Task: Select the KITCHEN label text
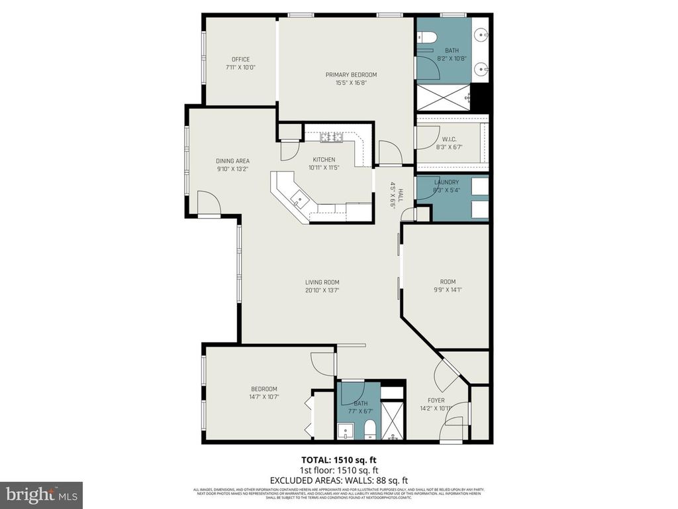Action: point(324,159)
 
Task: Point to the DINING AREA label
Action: point(232,160)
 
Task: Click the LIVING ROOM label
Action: point(322,282)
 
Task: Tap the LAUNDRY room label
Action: point(446,182)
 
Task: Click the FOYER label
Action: point(436,400)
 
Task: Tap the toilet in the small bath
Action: point(370,428)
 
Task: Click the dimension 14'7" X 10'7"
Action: point(264,398)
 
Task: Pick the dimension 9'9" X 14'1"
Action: point(448,290)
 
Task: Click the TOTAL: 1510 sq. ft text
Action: point(339,459)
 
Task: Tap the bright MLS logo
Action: point(41,495)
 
